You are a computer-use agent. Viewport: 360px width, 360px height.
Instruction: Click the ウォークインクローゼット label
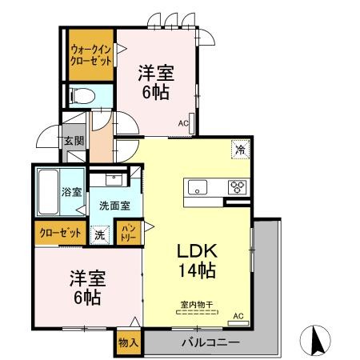90,55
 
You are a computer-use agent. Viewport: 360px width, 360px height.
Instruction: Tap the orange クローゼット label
61,233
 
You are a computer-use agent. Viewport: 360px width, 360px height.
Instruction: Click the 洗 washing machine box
99,235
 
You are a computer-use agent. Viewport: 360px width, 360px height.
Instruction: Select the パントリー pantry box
128,233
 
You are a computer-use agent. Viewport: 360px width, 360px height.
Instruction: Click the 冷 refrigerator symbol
238,149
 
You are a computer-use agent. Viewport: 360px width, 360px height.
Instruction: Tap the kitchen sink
197,188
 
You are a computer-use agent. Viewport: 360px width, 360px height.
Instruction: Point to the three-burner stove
238,188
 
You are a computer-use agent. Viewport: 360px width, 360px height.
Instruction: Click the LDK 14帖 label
196,259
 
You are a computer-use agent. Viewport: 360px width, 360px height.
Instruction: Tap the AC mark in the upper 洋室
183,124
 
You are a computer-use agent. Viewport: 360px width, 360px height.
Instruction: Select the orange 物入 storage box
128,342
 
